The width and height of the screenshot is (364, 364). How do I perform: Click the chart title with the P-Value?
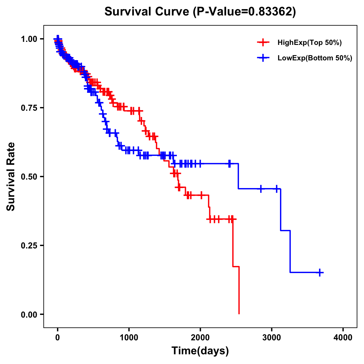(200, 12)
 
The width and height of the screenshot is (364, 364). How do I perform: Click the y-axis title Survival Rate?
(11, 177)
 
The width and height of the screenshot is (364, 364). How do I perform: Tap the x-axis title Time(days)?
(200, 351)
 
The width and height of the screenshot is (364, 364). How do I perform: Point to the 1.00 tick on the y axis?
(29, 39)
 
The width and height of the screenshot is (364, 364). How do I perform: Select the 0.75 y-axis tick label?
(29, 108)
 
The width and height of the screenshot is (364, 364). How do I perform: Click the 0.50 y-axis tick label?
(29, 177)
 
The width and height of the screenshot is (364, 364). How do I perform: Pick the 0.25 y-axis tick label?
(29, 245)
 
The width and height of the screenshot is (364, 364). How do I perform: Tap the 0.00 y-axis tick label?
(29, 314)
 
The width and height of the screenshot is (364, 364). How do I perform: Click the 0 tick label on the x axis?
(58, 337)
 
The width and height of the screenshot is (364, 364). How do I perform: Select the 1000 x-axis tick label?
(129, 337)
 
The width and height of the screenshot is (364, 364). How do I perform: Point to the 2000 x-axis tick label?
(200, 337)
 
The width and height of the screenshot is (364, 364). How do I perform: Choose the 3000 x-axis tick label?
(272, 337)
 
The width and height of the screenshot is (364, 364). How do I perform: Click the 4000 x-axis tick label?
(343, 337)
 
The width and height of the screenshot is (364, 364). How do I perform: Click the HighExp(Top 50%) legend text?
(309, 43)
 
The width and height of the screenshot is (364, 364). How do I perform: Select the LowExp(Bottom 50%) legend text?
(315, 58)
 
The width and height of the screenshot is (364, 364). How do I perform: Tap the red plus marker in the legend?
(263, 43)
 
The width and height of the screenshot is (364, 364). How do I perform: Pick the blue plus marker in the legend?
(263, 58)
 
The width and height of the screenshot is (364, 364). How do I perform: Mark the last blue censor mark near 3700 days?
(320, 272)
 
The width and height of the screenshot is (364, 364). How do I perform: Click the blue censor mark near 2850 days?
(261, 189)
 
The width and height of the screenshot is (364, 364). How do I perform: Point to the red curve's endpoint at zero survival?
(239, 314)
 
